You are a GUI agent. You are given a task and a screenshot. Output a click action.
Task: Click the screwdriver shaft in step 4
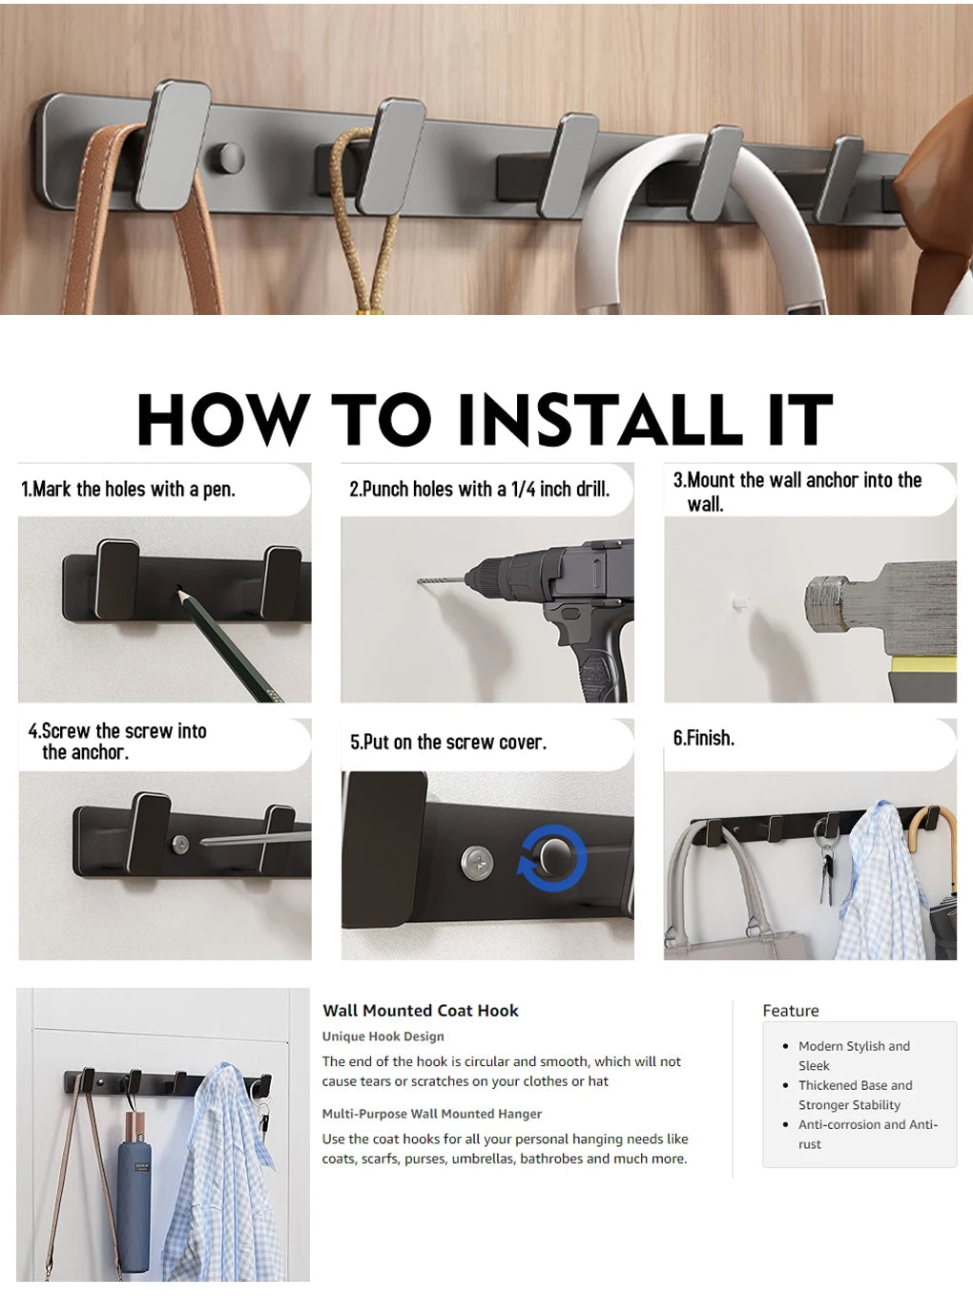pyautogui.click(x=258, y=839)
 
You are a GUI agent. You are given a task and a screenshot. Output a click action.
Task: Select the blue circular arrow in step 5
pyautogui.click(x=530, y=864)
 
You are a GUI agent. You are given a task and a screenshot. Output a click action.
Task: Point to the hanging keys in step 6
pyautogui.click(x=825, y=869)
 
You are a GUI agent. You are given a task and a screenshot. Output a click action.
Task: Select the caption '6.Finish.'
pyautogui.click(x=704, y=738)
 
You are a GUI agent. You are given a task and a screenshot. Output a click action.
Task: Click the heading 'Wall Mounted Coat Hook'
pyautogui.click(x=421, y=1011)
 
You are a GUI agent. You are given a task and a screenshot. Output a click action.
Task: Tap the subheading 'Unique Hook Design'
pyautogui.click(x=383, y=1036)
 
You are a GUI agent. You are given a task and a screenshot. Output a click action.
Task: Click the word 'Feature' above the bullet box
pyautogui.click(x=790, y=1011)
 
